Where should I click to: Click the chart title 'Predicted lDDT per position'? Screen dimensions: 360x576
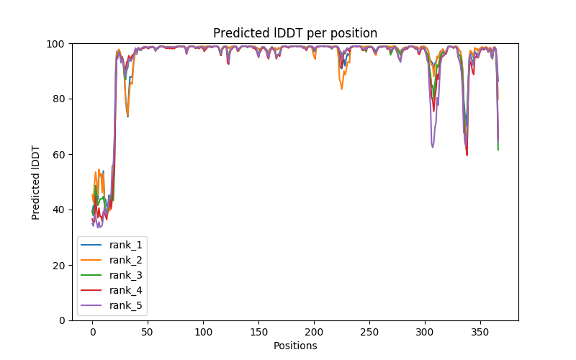tap(295, 33)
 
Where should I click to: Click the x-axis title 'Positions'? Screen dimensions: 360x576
tap(295, 346)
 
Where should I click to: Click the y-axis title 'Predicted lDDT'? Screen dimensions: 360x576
tap(36, 182)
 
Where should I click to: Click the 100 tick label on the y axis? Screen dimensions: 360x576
tap(56, 44)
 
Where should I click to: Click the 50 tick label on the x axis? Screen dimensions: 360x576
tap(148, 332)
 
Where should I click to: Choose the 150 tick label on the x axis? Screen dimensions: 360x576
tap(258, 332)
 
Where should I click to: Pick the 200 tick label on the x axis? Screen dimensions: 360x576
tap(314, 332)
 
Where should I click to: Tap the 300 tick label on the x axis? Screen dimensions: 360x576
tap(425, 332)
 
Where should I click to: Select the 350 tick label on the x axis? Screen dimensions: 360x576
tap(480, 332)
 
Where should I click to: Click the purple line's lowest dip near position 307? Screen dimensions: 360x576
tap(433, 148)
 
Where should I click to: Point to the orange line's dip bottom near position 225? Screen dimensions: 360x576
tap(341, 89)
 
